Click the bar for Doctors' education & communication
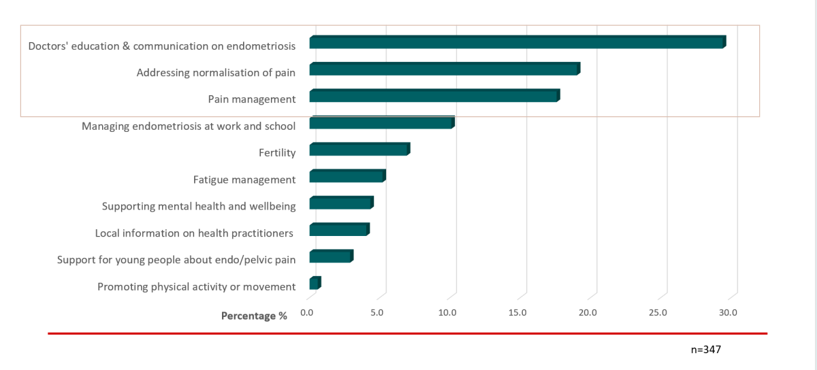tap(517, 42)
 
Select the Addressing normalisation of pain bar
tap(444, 69)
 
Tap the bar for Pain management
tap(434, 96)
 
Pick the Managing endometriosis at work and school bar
tap(381, 123)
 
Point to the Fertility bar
tap(359, 150)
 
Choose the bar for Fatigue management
tap(347, 177)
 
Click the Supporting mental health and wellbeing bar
tap(341, 203)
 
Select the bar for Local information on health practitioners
tap(339, 230)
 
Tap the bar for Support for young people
tap(331, 256)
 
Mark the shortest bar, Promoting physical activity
tap(315, 283)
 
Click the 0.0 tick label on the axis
tap(307, 312)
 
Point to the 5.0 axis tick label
tap(377, 312)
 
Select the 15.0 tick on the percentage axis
tap(517, 312)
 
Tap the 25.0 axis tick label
tap(658, 312)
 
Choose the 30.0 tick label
tap(728, 312)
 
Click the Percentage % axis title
tap(254, 316)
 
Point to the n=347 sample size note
tap(705, 350)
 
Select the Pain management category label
tap(252, 99)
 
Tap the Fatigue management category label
tap(244, 180)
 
